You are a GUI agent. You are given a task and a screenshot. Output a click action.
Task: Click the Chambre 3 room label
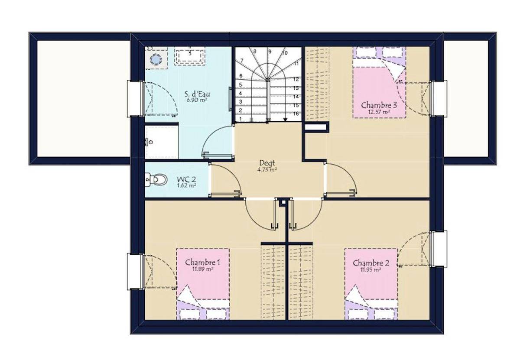pyautogui.click(x=379, y=105)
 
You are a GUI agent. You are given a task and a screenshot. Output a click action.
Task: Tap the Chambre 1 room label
pyautogui.click(x=203, y=262)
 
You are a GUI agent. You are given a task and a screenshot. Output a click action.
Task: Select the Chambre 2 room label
pyautogui.click(x=371, y=263)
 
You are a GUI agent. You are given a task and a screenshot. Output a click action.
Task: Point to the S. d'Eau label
pyautogui.click(x=197, y=94)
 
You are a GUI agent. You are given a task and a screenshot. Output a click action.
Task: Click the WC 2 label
pyautogui.click(x=186, y=179)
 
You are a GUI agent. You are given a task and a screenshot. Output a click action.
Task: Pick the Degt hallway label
pyautogui.click(x=267, y=163)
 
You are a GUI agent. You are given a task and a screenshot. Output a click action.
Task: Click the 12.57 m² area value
pyautogui.click(x=379, y=112)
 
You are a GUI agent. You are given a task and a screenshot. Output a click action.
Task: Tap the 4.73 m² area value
pyautogui.click(x=267, y=169)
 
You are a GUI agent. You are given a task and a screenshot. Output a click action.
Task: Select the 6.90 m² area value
pyautogui.click(x=197, y=100)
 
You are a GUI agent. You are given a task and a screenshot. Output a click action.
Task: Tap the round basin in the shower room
pyautogui.click(x=156, y=59)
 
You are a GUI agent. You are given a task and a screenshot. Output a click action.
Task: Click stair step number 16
pyautogui.click(x=296, y=114)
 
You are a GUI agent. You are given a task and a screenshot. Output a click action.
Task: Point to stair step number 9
pyautogui.click(x=270, y=52)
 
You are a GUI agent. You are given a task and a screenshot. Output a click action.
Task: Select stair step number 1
pyautogui.click(x=240, y=119)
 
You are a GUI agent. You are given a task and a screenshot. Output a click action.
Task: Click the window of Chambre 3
pyautogui.click(x=439, y=98)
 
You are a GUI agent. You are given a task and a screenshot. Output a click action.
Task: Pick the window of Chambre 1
pyautogui.click(x=135, y=272)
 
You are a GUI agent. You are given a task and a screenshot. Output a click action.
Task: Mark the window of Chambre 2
pyautogui.click(x=439, y=249)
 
